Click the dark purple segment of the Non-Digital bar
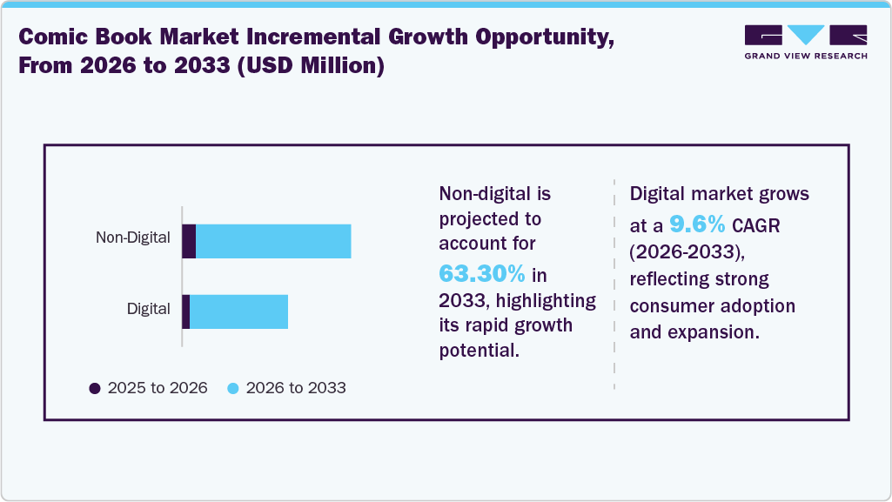point(189,241)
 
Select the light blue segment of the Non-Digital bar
point(273,241)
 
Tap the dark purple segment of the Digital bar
point(185,311)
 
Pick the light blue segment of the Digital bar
point(238,311)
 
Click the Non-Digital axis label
point(132,238)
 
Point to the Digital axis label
point(148,308)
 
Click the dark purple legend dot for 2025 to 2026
point(95,388)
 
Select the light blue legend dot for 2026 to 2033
point(233,388)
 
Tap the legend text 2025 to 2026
point(158,388)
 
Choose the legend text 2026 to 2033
point(296,388)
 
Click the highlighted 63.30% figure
point(481,274)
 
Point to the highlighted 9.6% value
point(697,224)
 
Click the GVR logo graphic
point(806,36)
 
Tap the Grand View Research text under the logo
point(806,56)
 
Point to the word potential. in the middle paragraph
point(479,351)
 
